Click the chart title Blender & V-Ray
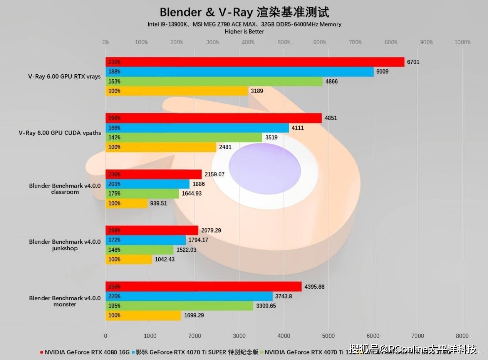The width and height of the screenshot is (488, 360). pyautogui.click(x=244, y=12)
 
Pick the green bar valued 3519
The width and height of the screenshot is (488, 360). pyautogui.click(x=184, y=137)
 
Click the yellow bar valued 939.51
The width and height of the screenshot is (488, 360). pyautogui.click(x=127, y=203)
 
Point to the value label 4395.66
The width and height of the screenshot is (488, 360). pyautogui.click(x=314, y=287)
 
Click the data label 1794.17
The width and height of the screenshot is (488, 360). pyautogui.click(x=198, y=240)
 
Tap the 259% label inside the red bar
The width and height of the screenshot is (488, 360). pyautogui.click(x=114, y=287)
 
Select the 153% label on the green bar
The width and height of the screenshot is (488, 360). pyautogui.click(x=114, y=82)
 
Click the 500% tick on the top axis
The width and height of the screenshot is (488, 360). pyautogui.click(x=284, y=42)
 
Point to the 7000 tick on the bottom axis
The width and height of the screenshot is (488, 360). pyautogui.click(x=418, y=336)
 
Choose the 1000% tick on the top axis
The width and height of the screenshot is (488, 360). pyautogui.click(x=462, y=42)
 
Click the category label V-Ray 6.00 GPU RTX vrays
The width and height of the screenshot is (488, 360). pyautogui.click(x=64, y=76)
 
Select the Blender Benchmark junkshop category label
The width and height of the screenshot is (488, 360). pyautogui.click(x=65, y=245)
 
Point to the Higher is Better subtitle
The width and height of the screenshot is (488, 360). pyautogui.click(x=244, y=32)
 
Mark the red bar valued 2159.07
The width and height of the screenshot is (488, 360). pyautogui.click(x=154, y=174)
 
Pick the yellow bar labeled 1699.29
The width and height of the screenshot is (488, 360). pyautogui.click(x=143, y=315)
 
